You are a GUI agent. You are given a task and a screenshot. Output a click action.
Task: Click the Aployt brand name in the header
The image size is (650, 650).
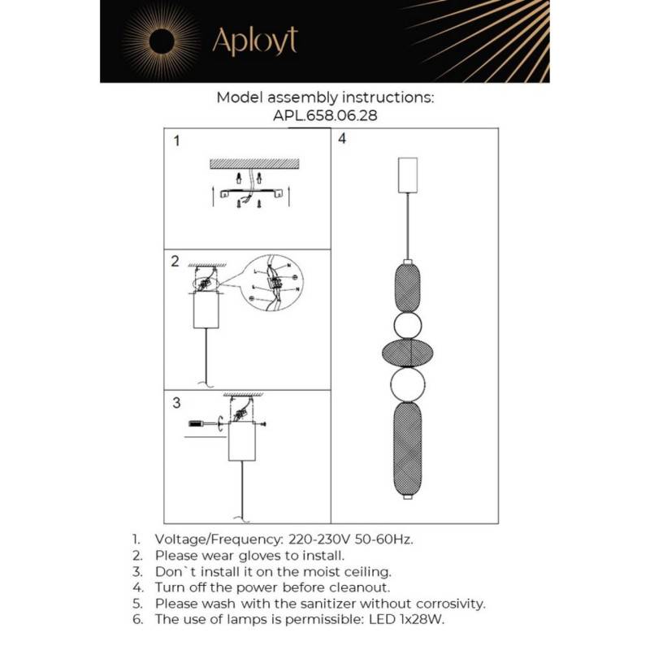pos(254,41)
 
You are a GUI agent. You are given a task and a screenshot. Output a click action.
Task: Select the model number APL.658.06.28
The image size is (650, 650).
pos(325,115)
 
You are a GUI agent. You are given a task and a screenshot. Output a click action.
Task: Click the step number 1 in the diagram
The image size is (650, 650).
pos(177,141)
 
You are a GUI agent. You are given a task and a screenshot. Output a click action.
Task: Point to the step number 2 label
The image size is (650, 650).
pos(175,262)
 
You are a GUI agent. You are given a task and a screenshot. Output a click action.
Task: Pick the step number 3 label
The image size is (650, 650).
pos(176,403)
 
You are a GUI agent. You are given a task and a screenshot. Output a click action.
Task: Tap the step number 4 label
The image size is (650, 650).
pos(342,139)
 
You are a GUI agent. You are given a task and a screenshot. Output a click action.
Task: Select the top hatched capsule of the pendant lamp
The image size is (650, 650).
pos(408,284)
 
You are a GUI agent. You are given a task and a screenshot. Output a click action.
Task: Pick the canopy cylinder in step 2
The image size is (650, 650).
pos(206,310)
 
